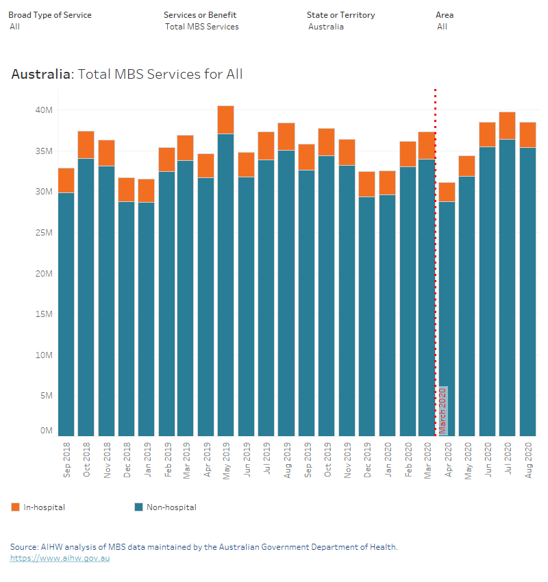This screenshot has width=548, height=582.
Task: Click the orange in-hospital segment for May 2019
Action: (226, 120)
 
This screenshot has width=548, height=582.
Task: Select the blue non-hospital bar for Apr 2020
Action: (447, 318)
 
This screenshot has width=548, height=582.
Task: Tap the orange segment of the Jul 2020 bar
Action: (507, 126)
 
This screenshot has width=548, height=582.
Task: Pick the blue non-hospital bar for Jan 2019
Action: (146, 318)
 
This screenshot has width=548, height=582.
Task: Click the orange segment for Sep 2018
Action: (66, 180)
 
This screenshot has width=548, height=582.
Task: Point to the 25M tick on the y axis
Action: (45, 233)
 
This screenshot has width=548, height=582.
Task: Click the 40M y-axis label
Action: (45, 110)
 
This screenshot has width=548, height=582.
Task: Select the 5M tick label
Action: (46, 396)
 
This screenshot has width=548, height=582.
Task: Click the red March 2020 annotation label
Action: (443, 411)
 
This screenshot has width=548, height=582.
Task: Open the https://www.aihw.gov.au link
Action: (60, 558)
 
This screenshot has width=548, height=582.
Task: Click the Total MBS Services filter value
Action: (202, 27)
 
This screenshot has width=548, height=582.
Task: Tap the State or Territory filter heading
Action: (340, 15)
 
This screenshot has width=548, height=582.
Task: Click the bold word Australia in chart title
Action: (40, 74)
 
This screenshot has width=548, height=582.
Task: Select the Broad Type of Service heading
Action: (49, 15)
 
